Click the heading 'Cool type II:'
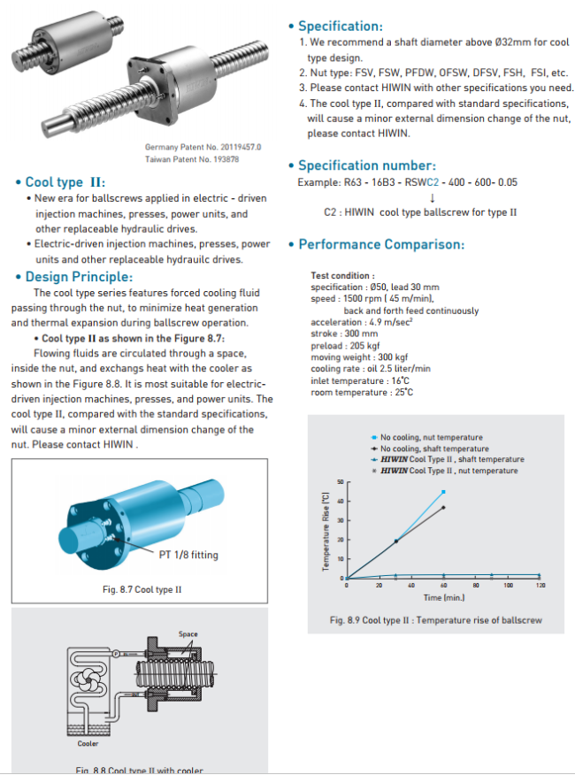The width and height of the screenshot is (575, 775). (x=65, y=182)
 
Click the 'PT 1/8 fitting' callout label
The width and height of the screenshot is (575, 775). (x=188, y=555)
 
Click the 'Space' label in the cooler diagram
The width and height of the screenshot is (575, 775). (x=188, y=633)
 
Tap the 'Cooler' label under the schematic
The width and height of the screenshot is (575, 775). (x=88, y=743)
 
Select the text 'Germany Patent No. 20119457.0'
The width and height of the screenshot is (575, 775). (x=203, y=147)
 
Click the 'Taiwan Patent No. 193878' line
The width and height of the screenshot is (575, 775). (x=192, y=159)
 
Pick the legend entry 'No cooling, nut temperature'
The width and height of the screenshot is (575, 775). (x=431, y=437)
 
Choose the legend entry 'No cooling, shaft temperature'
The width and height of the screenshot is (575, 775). (x=433, y=449)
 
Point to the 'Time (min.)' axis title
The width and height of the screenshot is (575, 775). (x=444, y=598)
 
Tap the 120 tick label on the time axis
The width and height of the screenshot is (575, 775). (x=540, y=586)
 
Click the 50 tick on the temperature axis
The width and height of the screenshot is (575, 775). (x=339, y=482)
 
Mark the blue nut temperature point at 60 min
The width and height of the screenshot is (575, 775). (x=443, y=492)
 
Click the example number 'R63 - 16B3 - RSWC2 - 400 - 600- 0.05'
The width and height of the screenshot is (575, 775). (x=408, y=182)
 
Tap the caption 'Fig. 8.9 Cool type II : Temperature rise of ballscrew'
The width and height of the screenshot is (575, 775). (x=435, y=620)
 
